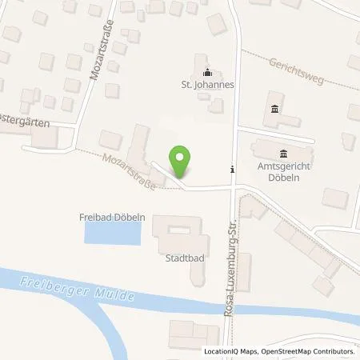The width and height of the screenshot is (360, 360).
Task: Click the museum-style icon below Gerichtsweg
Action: (x=275, y=109)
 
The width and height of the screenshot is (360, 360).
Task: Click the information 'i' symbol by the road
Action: (x=232, y=169)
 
